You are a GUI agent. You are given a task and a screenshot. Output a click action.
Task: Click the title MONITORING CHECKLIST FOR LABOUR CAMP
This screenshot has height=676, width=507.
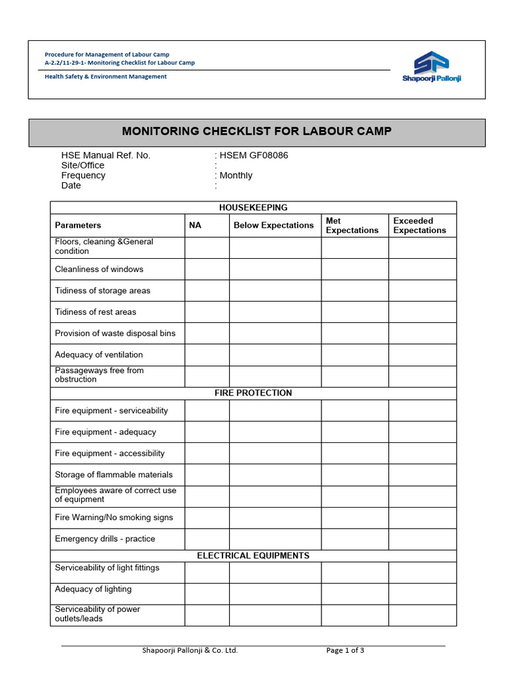pos(257,131)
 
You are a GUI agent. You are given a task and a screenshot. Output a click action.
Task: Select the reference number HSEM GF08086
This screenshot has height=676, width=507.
pos(254,156)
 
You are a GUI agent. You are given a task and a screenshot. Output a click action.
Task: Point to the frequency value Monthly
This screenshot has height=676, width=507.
pos(236,176)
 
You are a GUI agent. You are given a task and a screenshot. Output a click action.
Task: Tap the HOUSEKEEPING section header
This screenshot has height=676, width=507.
pos(253,207)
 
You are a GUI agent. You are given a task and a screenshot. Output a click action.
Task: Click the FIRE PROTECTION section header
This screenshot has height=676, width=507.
pos(253,393)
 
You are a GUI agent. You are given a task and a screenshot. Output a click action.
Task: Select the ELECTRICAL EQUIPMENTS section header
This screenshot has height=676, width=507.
pos(253,556)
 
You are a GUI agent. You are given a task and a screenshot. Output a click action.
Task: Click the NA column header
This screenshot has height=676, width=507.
pos(195,226)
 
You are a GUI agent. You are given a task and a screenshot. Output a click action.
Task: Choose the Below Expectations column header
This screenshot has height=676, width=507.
pos(274,226)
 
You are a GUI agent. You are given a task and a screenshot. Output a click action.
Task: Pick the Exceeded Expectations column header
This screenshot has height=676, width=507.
pos(420,226)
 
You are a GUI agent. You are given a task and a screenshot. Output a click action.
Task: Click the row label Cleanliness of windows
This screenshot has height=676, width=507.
pos(99,269)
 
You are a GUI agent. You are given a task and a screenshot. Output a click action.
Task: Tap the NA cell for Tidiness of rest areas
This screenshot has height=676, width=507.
pos(207,312)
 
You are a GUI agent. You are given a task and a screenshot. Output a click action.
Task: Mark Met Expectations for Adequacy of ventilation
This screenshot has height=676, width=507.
pos(355,355)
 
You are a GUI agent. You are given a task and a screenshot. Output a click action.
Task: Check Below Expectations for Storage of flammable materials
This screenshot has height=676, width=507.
pos(275,475)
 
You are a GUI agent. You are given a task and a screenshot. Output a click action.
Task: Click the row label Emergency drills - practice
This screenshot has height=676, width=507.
pos(105,539)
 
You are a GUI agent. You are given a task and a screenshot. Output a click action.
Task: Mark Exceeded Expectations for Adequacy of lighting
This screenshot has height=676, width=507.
pos(422,593)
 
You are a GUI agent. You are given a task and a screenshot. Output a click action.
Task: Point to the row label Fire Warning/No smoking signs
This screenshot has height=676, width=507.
pos(114,518)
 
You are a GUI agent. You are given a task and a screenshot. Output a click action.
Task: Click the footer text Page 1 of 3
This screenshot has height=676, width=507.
pos(345,650)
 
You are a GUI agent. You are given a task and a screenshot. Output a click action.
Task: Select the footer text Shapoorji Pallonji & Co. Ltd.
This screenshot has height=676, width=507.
pos(190,650)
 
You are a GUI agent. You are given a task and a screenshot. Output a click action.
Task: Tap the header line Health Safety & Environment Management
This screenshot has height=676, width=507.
pos(106,77)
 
